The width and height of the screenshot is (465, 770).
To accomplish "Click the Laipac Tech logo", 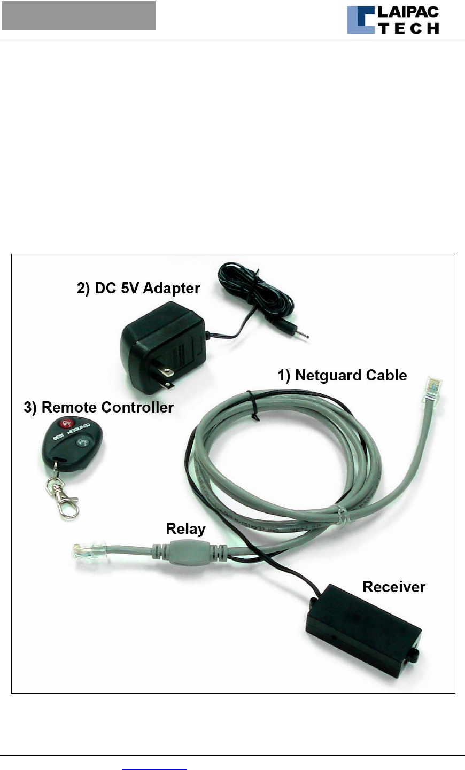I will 393,20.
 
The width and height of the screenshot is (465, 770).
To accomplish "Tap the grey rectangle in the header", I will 79,15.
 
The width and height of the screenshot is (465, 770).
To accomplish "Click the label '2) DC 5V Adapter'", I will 138,288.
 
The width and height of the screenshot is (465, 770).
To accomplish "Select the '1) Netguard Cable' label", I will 342,375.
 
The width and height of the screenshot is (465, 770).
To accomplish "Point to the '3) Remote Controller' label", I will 99,407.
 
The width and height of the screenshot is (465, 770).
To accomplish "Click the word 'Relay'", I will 185,528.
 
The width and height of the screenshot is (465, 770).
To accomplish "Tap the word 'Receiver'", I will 394,587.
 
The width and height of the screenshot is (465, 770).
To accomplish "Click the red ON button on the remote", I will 67,424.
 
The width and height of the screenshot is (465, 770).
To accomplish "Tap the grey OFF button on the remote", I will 82,442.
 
